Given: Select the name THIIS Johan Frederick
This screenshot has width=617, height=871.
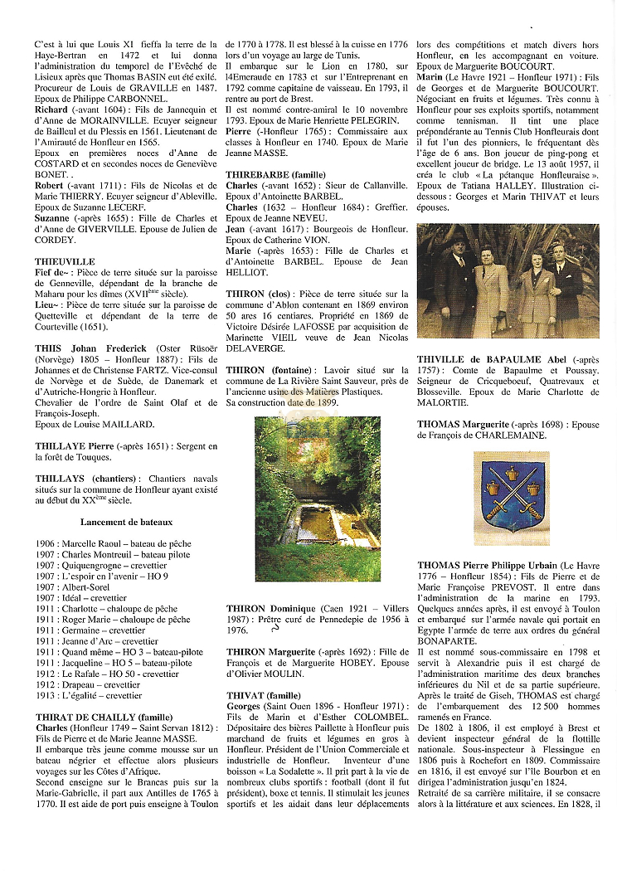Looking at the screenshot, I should pos(91,348).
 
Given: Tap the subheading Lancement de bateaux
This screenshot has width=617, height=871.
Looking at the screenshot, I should pos(126,522).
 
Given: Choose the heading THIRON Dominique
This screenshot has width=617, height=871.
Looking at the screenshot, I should pos(271,609).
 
